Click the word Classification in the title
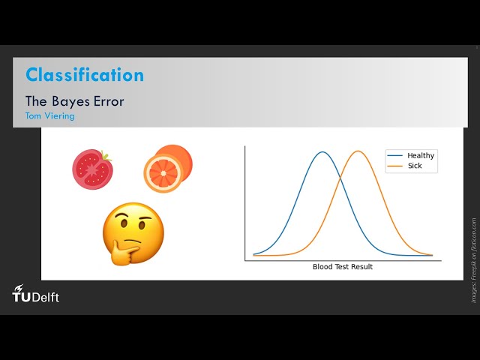pos(85,75)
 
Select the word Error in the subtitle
pos(109,100)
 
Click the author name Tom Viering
pos(49,116)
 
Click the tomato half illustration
pos(91,169)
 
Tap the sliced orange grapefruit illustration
pos(167,168)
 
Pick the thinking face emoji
pos(133,232)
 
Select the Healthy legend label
pos(421,155)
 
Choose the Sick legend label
pos(415,166)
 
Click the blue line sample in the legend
pos(395,155)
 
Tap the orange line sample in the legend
pos(395,166)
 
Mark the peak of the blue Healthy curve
pos(322,152)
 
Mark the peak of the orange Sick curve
pos(358,151)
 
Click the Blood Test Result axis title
pos(342,267)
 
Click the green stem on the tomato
pos(107,157)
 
